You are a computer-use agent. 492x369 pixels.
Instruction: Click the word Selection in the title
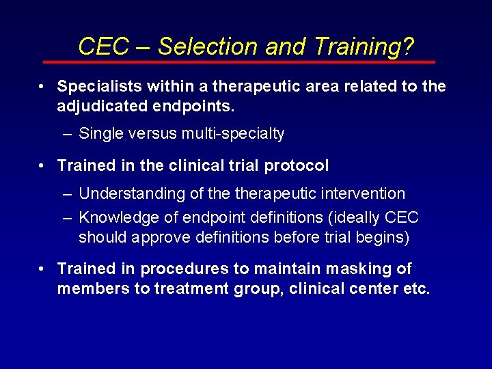point(207,46)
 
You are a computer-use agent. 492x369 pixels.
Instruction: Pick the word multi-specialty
point(232,134)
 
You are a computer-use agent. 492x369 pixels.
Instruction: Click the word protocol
point(295,165)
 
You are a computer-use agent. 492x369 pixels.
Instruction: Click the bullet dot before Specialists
point(42,87)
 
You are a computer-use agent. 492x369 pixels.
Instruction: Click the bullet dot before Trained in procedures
point(42,269)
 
